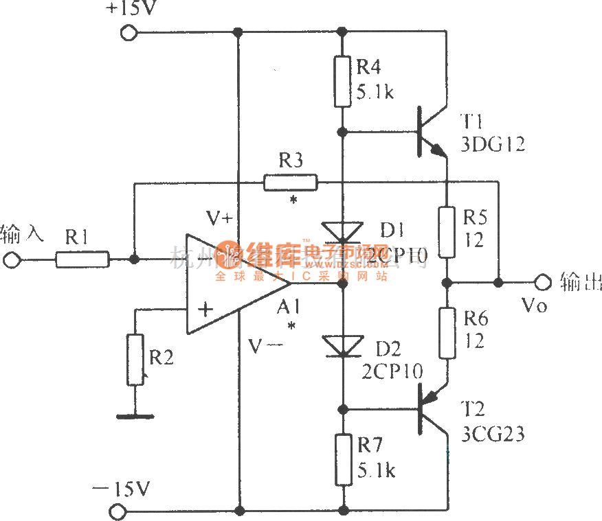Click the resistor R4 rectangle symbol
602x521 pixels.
click(x=342, y=82)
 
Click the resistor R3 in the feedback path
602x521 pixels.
click(x=290, y=183)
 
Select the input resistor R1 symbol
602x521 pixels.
click(x=82, y=260)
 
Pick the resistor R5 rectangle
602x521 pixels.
click(x=447, y=232)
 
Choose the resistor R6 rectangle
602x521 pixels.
click(x=447, y=334)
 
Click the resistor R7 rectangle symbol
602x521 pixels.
click(x=342, y=458)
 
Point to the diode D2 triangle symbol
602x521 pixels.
click(x=342, y=345)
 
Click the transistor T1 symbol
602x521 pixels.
click(x=429, y=134)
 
